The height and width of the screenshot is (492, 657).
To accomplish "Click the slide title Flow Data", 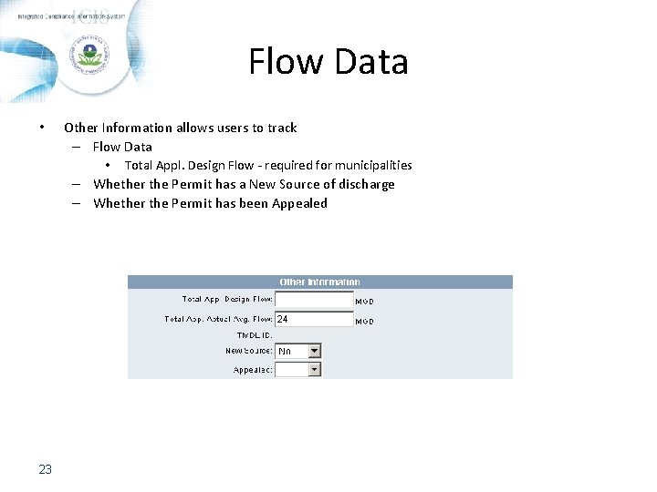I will point(328,62).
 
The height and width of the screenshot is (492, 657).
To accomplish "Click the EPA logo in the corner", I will point(89,56).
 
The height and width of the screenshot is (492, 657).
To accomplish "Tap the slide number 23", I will point(45,469).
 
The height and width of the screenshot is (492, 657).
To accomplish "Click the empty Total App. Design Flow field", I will point(314,300).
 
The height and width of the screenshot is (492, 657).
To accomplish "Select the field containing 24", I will point(314,319).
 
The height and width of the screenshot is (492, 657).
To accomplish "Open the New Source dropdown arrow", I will point(314,351).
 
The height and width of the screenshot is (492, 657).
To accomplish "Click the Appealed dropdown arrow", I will point(314,370).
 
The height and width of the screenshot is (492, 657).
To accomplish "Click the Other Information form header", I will point(319,282).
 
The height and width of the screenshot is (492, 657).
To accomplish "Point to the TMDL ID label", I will point(255,335).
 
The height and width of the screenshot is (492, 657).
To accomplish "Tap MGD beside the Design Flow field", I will point(364,302).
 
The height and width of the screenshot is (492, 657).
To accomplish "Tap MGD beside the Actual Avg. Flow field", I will point(364,322).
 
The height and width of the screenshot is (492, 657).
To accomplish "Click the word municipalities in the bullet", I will point(373,165).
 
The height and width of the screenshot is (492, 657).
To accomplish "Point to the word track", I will point(282,128).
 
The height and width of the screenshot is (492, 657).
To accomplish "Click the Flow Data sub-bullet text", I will point(122,147).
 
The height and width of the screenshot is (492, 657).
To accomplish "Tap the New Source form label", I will point(248,351).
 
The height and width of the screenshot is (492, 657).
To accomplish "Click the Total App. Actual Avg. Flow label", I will point(218,319).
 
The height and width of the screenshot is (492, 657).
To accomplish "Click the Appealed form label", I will point(253,370).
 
